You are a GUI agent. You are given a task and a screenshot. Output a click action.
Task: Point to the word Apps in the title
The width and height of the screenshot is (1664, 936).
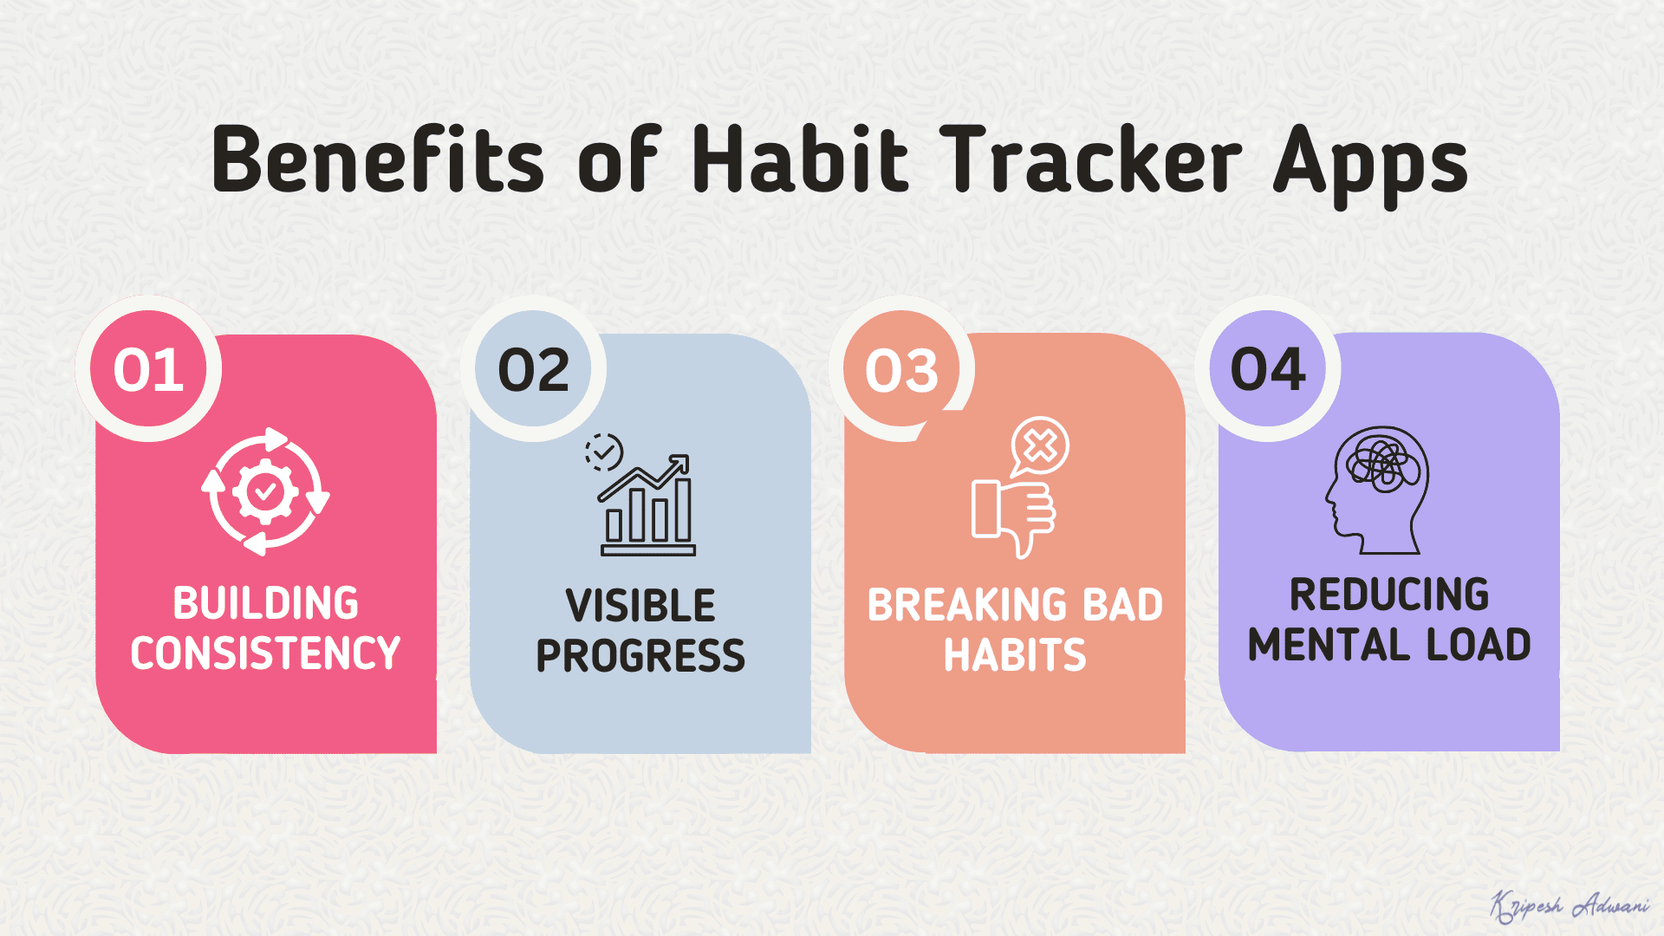coord(1370,166)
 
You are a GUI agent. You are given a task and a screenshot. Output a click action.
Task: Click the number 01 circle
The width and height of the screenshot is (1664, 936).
coord(148,368)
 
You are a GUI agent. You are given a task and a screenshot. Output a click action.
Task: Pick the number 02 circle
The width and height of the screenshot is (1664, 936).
coord(533,368)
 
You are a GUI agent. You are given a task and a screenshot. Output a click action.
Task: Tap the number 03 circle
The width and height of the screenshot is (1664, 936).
coord(901,368)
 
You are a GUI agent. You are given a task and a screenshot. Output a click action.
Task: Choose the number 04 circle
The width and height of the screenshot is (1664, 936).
coord(1268,368)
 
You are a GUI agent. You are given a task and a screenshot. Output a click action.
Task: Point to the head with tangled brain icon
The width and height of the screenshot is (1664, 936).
coord(1376,490)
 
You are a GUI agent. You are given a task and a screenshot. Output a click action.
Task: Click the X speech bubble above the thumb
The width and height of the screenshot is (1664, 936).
coord(1039,446)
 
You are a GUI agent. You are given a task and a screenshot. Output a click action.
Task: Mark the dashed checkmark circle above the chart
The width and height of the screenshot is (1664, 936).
coord(603,452)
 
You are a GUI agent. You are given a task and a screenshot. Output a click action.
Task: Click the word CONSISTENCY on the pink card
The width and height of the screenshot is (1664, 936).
coord(265,653)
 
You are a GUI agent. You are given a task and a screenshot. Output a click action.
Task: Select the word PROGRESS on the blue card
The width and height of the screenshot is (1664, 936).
coord(640,656)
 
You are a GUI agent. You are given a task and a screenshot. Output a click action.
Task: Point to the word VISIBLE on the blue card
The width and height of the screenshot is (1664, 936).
coord(640,606)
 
